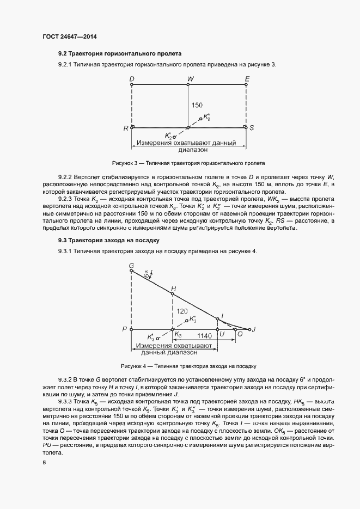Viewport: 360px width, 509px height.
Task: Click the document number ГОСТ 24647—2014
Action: [69, 37]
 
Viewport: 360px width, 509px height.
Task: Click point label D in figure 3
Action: [132, 79]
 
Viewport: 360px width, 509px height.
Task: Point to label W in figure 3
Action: [190, 79]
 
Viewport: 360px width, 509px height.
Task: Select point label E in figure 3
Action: [247, 79]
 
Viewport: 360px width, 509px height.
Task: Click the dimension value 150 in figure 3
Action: [197, 105]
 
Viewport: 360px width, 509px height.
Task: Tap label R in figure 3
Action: [126, 128]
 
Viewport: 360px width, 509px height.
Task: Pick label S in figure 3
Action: [252, 128]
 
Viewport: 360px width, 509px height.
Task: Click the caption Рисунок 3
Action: [188, 163]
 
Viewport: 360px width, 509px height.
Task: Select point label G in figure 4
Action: [131, 265]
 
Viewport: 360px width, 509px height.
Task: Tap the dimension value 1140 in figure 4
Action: [204, 336]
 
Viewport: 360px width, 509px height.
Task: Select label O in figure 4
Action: [240, 336]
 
